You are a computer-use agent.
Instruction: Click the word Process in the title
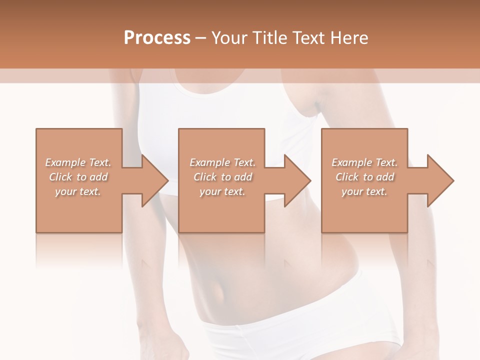point(157,38)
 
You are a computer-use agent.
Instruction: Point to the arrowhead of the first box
point(154,180)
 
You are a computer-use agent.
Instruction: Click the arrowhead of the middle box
point(297,180)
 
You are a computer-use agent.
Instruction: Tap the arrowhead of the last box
point(440,180)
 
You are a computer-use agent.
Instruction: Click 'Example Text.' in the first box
point(78,162)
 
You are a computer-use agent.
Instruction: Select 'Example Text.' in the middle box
point(222,162)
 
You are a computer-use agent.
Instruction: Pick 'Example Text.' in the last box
point(364,162)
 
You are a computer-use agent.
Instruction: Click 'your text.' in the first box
point(78,191)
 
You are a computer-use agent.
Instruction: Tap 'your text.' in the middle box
point(222,191)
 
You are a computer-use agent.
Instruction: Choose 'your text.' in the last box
point(364,191)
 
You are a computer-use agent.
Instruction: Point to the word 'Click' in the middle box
point(204,177)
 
